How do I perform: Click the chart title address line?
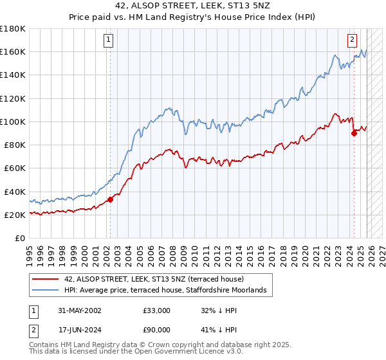[x=192, y=5]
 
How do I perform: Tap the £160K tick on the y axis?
[x=13, y=51]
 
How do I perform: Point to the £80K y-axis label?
[x=14, y=145]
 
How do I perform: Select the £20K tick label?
[x=14, y=215]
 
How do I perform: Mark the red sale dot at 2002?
[x=110, y=199]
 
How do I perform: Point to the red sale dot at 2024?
[x=354, y=133]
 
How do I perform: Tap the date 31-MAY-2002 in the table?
[x=75, y=310]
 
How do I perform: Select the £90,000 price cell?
[x=157, y=331]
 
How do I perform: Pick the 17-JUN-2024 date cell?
[x=75, y=331]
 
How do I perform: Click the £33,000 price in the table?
[x=157, y=310]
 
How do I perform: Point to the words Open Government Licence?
[x=167, y=353]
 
